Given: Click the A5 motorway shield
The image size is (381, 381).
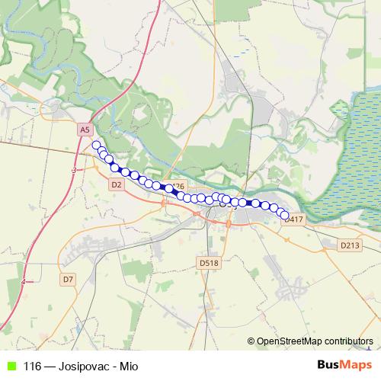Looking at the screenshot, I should [x=85, y=130].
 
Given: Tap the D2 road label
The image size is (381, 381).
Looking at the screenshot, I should [x=116, y=184].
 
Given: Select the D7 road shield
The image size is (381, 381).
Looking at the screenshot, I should [x=68, y=279].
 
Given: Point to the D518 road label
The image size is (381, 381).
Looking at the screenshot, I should [x=208, y=263].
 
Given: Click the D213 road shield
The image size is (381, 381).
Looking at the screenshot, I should [x=349, y=245].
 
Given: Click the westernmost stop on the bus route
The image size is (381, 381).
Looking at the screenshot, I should [x=96, y=145].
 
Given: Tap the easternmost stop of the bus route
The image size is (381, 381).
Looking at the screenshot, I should [x=285, y=216].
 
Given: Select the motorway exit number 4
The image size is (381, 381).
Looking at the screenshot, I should [x=24, y=282].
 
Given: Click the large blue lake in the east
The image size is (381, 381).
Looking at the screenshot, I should [x=351, y=152].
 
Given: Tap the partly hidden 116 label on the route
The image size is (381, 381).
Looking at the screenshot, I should [x=179, y=185].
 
